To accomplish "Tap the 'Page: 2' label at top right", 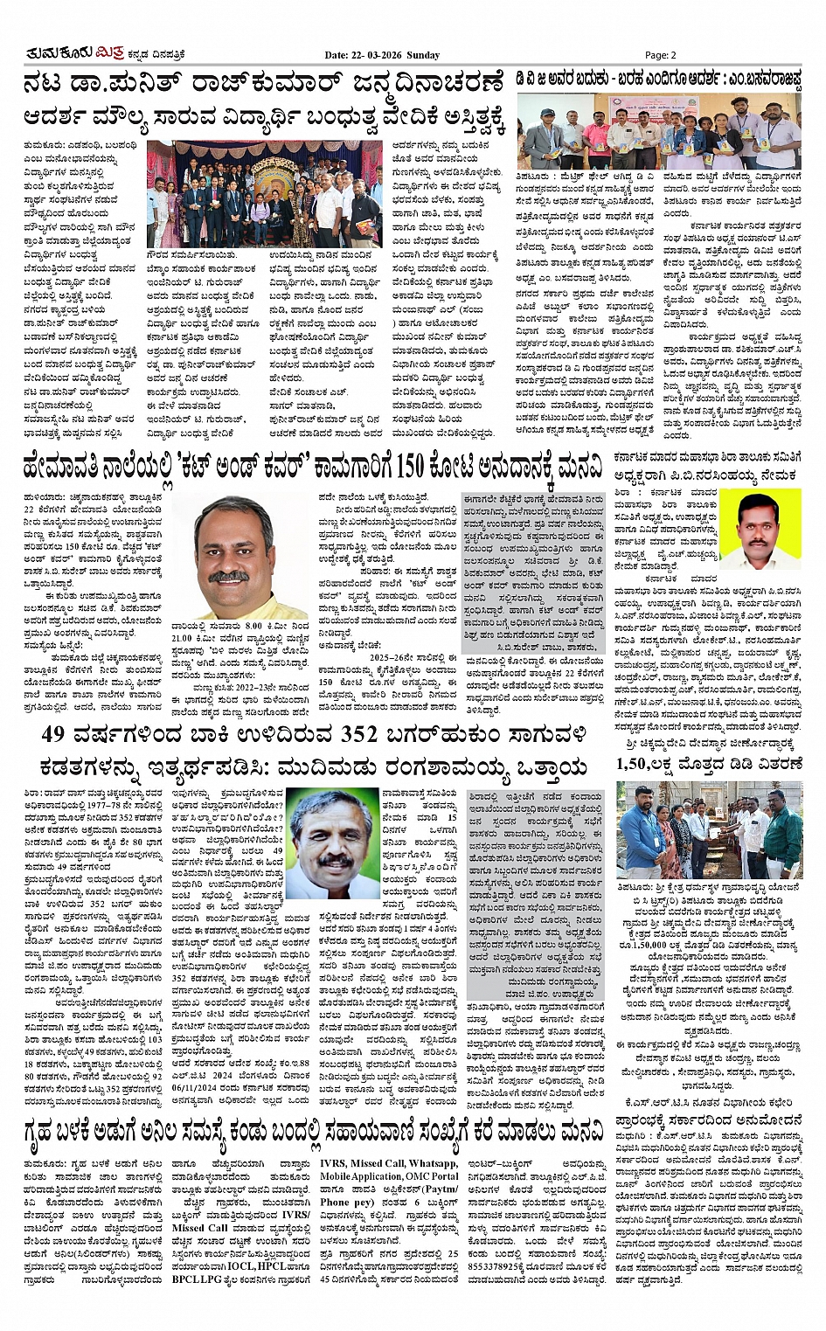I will (663, 55).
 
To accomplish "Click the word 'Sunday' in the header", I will (423, 55).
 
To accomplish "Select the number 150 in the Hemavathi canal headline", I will (410, 467).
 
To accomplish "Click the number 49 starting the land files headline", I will (53, 736).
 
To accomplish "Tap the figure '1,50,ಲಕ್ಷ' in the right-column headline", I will (647, 764).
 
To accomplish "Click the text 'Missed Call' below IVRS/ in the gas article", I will (200, 1228).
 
